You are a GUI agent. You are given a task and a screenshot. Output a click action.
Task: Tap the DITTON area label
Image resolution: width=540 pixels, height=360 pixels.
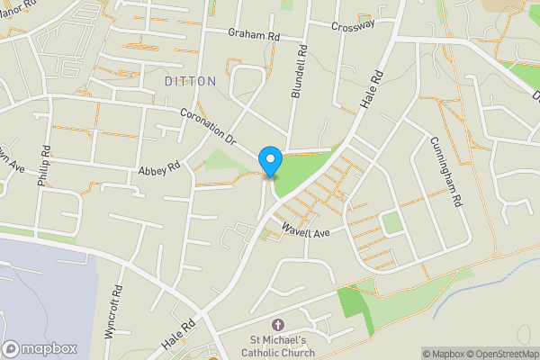[x=191, y=81]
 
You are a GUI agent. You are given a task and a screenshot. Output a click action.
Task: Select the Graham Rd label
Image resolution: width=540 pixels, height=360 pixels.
[x=254, y=33]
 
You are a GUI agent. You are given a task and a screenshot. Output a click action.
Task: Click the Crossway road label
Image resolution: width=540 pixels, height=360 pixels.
[x=352, y=27]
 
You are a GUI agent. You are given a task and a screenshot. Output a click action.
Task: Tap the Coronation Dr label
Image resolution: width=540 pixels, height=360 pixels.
[x=207, y=128]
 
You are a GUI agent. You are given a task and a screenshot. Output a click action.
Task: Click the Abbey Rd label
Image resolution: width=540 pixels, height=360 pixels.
[x=159, y=168]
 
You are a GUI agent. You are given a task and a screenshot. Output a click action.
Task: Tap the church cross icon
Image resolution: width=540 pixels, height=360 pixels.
[x=277, y=325]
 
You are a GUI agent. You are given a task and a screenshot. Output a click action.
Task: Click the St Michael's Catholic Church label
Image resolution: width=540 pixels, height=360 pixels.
[x=278, y=346]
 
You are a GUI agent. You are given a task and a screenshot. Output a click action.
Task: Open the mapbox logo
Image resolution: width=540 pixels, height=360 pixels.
[x=40, y=348]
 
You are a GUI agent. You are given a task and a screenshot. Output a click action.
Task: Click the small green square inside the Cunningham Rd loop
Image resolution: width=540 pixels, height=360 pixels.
[x=391, y=222]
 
